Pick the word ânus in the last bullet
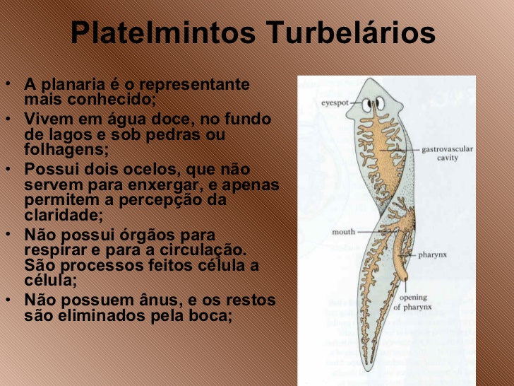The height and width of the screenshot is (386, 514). coord(157,300)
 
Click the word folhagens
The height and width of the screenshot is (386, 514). coord(66,150)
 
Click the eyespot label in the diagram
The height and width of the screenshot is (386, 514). coord(336,103)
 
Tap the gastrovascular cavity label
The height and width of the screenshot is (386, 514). coord(447,153)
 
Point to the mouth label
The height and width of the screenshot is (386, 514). coord(344,231)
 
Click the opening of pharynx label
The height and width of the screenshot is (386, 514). coord(412,302)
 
